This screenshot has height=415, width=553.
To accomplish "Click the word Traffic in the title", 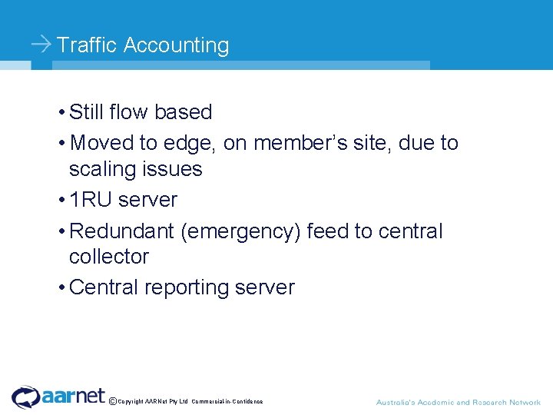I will (87, 45).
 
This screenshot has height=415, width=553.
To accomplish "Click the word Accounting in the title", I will (176, 45).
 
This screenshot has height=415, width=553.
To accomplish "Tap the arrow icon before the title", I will (41, 45).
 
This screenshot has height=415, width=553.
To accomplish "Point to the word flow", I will (128, 112).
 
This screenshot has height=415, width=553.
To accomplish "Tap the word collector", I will (108, 257).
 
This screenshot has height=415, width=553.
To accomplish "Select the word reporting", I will (187, 288).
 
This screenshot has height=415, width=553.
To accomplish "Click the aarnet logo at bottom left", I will (58, 397).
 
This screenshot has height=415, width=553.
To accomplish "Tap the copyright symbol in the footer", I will (113, 401).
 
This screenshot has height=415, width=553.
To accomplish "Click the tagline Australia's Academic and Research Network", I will (458, 402).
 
